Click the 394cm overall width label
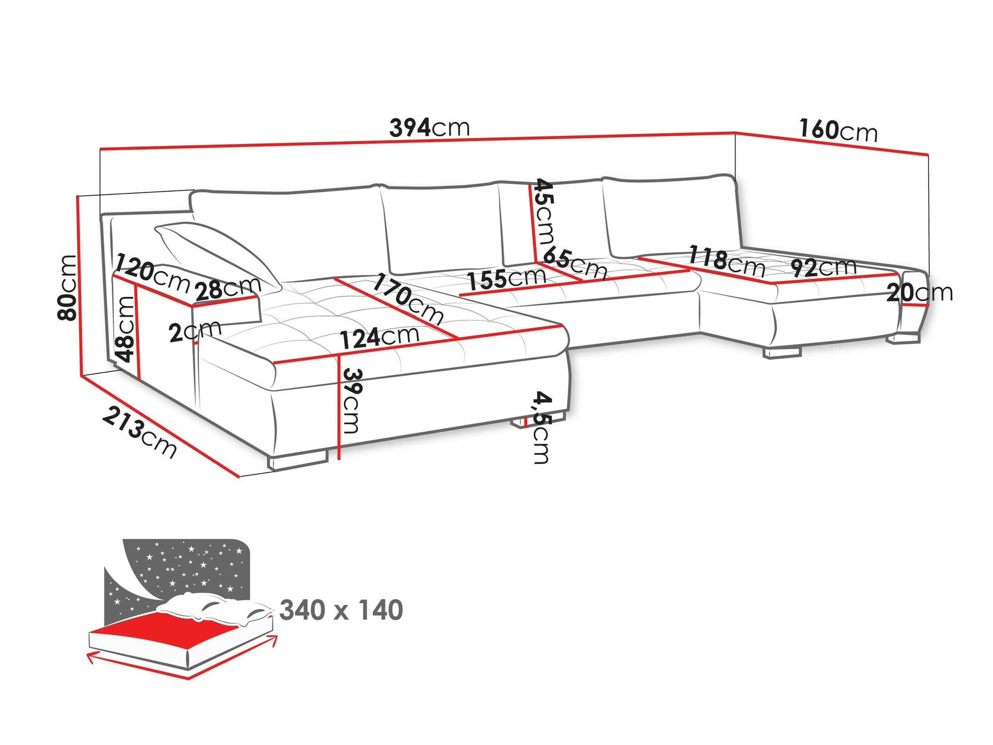point(429,128)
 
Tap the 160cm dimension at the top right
point(838,130)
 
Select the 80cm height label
point(68,287)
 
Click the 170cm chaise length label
point(408,299)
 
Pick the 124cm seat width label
point(380,337)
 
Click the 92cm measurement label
point(824,267)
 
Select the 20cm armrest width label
point(919,292)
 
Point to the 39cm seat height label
point(352,401)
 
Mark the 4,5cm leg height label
point(542,427)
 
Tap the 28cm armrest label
point(228,288)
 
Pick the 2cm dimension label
point(194,331)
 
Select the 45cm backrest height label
point(544,211)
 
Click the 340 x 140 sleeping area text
point(341,610)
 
